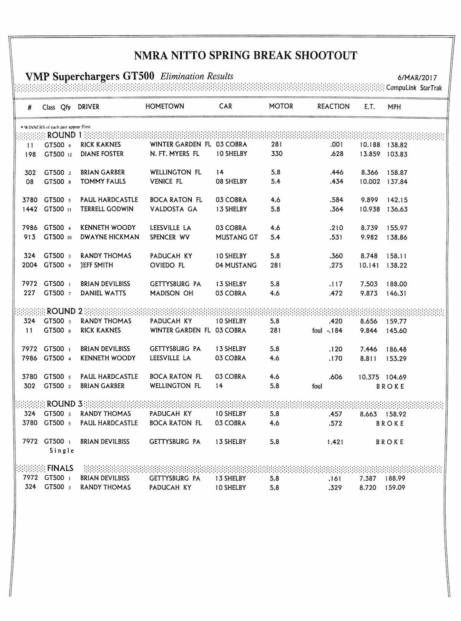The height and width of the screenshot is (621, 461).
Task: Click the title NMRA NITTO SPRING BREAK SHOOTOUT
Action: [x=245, y=56]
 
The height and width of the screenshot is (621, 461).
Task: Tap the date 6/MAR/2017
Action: [x=417, y=78]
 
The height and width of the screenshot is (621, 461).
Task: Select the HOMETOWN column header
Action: [x=164, y=106]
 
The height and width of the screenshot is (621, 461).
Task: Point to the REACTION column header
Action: [x=333, y=106]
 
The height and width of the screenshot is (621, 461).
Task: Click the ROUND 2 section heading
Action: [x=65, y=311]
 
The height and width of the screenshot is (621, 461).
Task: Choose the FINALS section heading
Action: [x=60, y=468]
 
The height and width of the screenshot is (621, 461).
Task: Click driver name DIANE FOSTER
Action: [x=102, y=154]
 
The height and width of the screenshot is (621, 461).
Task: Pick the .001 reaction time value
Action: [x=336, y=145]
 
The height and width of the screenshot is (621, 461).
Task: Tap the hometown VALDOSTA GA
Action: [x=173, y=209]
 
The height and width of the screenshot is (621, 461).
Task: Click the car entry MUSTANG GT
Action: [x=237, y=237]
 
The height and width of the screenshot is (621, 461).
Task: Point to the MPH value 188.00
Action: [x=397, y=284]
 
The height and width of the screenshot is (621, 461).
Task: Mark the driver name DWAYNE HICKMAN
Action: [x=109, y=237]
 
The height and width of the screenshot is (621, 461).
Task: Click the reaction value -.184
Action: [x=334, y=331]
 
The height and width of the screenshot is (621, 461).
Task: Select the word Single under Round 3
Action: [x=61, y=450]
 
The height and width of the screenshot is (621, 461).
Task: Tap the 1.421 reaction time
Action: [x=335, y=442]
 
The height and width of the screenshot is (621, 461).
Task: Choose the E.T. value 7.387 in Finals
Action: [x=368, y=479]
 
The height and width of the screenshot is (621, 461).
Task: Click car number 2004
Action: [x=30, y=265]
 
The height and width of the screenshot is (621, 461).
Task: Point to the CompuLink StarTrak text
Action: [x=414, y=88]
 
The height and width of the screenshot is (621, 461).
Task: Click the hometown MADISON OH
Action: [x=171, y=293]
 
